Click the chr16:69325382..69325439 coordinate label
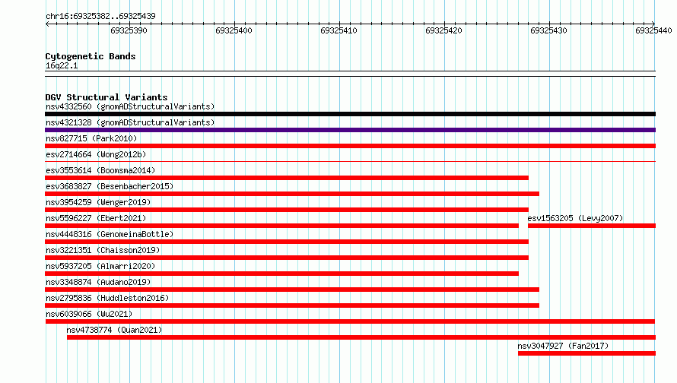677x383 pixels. coord(100,17)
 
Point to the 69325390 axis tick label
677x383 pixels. coord(129,30)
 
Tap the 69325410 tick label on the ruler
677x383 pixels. coord(338,30)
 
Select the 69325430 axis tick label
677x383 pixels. coord(548,30)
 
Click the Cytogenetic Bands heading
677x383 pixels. coord(91,56)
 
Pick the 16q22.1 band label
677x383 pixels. coord(62,65)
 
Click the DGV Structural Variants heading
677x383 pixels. coord(106,97)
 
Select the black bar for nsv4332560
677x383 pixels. coord(350,114)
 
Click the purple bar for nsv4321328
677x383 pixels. coord(350,130)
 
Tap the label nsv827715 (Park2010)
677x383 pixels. coord(91,138)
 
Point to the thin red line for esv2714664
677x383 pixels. coord(350,162)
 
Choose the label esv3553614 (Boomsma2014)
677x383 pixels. coord(100,170)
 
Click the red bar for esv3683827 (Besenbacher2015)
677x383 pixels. coord(292,194)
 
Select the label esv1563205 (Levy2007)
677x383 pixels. coord(575,218)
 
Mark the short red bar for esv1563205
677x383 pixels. coord(592,226)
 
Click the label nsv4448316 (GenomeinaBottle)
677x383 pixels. coord(110,234)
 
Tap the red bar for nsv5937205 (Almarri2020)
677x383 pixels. coord(282,274)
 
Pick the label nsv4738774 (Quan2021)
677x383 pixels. coord(114,330)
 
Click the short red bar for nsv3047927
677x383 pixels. coord(586,353)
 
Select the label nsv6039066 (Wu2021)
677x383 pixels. coord(89,314)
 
